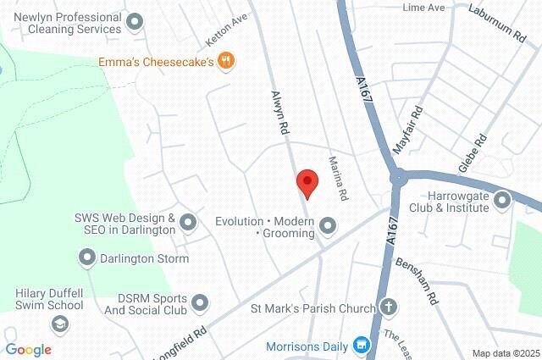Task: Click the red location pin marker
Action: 307,182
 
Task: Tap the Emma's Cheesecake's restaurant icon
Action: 226,60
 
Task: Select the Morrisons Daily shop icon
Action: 362,346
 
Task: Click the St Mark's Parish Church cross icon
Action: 389,307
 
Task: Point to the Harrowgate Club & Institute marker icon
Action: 503,201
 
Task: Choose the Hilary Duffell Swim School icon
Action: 59,324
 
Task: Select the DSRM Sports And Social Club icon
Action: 200,302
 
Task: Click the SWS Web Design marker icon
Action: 188,223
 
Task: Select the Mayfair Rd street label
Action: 408,131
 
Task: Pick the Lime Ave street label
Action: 424,8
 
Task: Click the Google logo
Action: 28,350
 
